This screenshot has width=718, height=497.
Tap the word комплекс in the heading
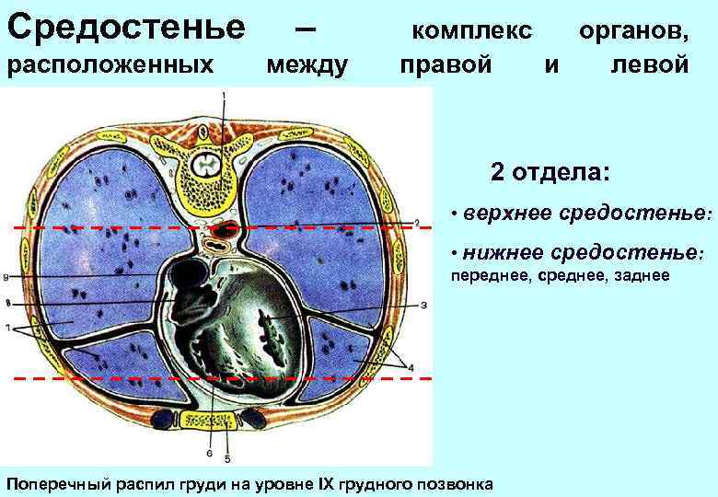(472, 29)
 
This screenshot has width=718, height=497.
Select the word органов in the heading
(634, 29)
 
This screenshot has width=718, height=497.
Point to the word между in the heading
(307, 65)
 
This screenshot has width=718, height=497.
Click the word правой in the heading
(446, 65)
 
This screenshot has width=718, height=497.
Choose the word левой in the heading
(650, 65)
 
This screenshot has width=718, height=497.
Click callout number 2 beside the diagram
(416, 223)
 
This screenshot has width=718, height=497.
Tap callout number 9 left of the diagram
(6, 276)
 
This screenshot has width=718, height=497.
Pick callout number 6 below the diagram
(210, 452)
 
